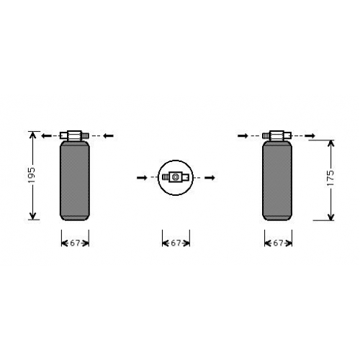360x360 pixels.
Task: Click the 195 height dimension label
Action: coord(32,175)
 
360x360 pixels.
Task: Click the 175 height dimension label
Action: coord(330,178)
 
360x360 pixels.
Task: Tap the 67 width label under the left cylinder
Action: coord(75,243)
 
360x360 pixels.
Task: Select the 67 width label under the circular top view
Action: coord(176,243)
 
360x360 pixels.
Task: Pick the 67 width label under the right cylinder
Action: coord(278,243)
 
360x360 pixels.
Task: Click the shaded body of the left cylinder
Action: coord(75,181)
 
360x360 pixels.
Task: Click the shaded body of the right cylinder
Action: coord(277,181)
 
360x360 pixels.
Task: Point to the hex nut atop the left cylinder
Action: coord(75,135)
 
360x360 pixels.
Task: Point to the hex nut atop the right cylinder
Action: coord(276,135)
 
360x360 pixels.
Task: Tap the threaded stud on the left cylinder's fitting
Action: coord(86,136)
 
